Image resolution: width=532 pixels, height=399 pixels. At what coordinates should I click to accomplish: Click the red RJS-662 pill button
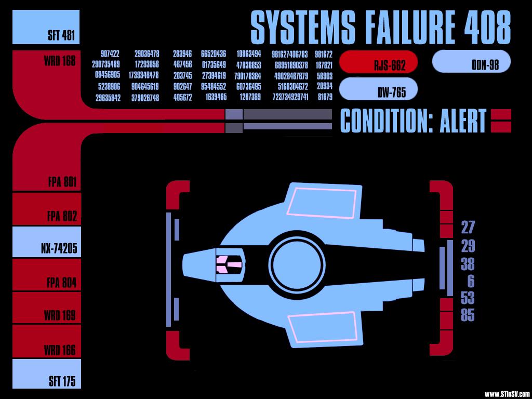[x=378, y=62]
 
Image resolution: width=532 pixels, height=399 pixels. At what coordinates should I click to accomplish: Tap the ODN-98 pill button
[x=471, y=61]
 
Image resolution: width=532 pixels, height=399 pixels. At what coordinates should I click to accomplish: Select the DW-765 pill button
[x=378, y=89]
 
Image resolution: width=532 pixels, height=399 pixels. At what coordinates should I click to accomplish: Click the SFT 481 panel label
[x=61, y=35]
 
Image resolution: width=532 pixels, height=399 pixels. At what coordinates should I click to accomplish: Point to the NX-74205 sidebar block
[x=47, y=242]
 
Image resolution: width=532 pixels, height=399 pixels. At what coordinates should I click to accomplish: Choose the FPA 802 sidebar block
[x=47, y=209]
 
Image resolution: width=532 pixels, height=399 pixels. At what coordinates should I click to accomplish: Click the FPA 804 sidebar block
[x=47, y=274]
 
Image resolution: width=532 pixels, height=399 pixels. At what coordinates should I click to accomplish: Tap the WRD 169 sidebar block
[x=47, y=308]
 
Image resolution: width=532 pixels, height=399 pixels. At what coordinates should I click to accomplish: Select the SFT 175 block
[x=47, y=374]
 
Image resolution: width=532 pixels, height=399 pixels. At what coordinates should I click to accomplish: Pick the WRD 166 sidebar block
[x=47, y=341]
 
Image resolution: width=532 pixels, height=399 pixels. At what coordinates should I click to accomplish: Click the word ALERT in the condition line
[x=463, y=121]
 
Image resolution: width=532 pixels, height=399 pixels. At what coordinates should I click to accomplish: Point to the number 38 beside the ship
[x=468, y=263]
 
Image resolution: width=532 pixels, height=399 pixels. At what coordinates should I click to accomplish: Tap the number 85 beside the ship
[x=468, y=315]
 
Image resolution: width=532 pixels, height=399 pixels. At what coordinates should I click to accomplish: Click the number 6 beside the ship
[x=471, y=281]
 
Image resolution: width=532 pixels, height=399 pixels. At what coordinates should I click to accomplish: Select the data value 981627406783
[x=290, y=54]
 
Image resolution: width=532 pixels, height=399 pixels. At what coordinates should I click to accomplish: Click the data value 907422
[x=110, y=54]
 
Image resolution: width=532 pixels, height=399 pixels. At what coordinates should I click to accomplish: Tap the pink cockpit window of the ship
[x=226, y=264]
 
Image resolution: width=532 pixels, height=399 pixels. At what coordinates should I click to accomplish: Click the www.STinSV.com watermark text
[x=507, y=394]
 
